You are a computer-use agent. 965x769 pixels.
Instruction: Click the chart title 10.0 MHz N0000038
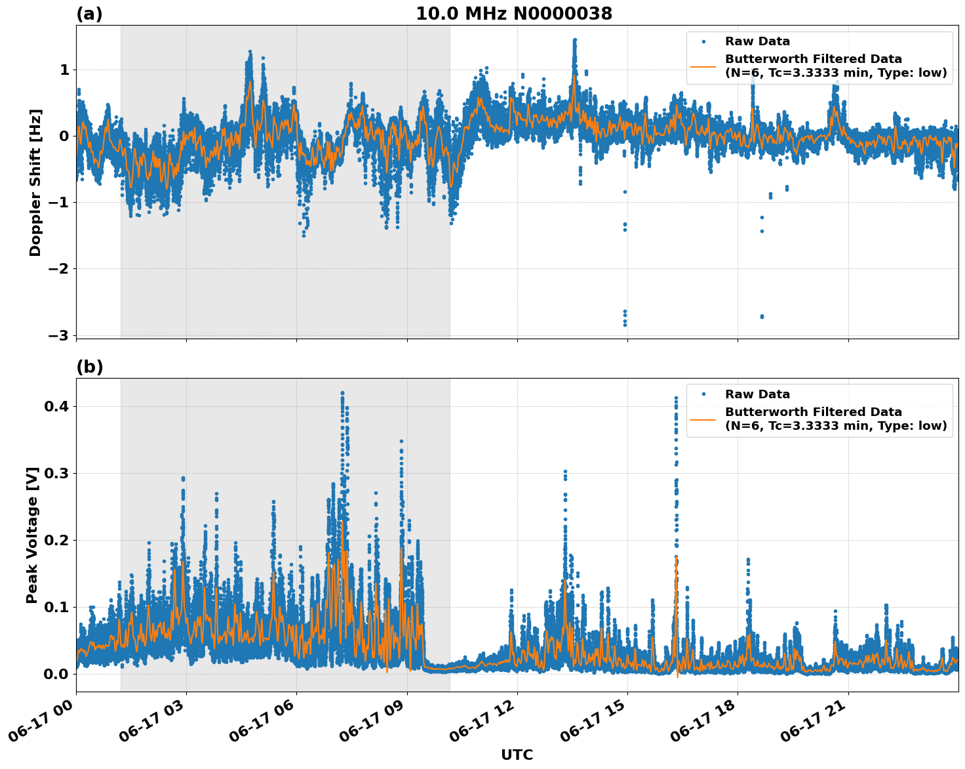tap(514, 14)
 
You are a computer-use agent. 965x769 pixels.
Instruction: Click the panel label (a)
tap(89, 14)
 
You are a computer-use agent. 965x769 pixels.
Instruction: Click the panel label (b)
tap(90, 367)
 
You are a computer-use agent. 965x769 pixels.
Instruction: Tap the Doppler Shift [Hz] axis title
tap(35, 182)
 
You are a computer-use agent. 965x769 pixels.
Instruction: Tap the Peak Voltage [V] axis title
tap(32, 535)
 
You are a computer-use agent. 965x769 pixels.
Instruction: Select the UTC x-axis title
tap(517, 755)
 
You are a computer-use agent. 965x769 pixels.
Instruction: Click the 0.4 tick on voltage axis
tap(57, 406)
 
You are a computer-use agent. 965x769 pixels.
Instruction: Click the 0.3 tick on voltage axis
tap(57, 473)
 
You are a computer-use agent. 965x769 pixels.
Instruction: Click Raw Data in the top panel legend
tap(757, 41)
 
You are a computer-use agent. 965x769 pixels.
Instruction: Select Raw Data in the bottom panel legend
tap(757, 394)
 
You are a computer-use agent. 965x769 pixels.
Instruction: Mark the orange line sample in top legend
tap(703, 66)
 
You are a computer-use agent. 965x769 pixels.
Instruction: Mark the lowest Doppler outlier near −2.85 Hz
tap(625, 325)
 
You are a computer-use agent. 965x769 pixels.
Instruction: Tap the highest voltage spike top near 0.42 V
tap(342, 393)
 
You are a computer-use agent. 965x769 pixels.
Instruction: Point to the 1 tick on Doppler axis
tap(64, 70)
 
